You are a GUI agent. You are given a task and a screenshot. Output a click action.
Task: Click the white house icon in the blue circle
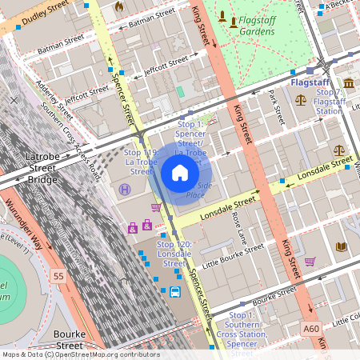tap(180, 172)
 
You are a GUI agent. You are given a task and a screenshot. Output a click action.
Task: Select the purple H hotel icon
tap(125, 190)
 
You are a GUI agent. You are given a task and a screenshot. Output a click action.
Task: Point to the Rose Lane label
tap(237, 227)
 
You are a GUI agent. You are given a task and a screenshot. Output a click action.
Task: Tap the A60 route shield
tap(311, 328)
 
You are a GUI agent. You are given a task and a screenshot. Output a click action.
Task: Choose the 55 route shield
tap(58, 276)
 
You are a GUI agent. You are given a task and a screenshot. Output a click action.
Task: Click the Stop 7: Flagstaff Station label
tap(329, 102)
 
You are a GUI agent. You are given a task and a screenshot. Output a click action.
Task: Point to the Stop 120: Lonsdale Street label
tap(174, 254)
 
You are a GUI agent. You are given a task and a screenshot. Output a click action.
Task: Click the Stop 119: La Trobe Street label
tap(141, 161)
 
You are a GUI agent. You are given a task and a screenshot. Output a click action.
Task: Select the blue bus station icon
tap(174, 292)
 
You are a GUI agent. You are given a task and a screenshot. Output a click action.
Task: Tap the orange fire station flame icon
tap(120, 6)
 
